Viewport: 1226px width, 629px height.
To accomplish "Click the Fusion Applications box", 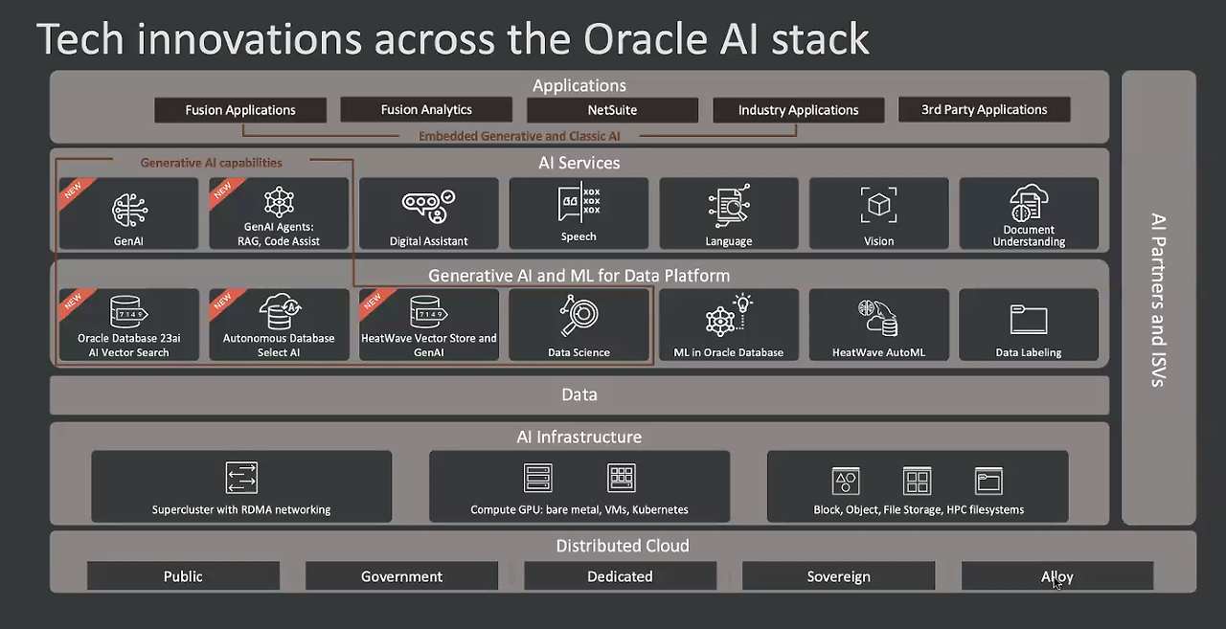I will (x=240, y=110).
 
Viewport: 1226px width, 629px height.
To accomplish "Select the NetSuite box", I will (x=612, y=110).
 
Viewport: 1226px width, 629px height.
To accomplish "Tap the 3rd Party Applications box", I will (x=984, y=109).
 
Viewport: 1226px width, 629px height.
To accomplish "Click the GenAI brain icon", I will (x=128, y=209).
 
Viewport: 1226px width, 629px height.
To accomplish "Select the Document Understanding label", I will (x=1029, y=236).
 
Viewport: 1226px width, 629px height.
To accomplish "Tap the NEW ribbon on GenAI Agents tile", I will (x=222, y=191).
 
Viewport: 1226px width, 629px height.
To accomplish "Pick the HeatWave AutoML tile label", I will (x=878, y=352).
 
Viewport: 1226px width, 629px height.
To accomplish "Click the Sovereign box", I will (x=838, y=576).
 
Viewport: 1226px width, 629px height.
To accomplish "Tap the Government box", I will (x=401, y=576).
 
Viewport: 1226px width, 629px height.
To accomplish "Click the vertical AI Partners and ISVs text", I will (x=1157, y=299).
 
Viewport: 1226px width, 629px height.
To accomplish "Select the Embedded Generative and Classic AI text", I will (x=519, y=136).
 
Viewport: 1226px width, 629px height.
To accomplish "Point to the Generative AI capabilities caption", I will (x=211, y=163).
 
